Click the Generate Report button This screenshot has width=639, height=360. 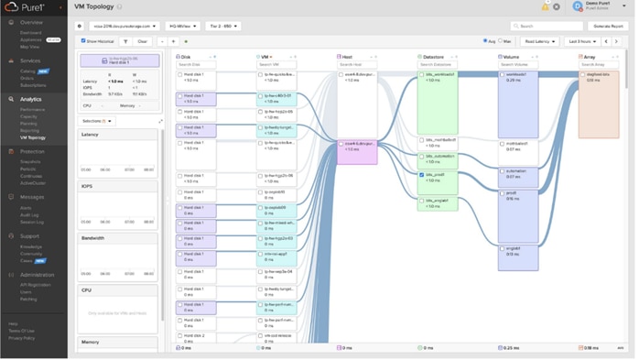[x=608, y=27]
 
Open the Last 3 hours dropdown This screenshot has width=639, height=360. [x=583, y=41]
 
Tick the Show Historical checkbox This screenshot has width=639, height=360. [x=83, y=41]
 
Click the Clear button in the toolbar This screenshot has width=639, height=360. [x=143, y=41]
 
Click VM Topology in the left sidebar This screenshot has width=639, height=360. [x=33, y=137]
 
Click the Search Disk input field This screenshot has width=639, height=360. [x=196, y=64]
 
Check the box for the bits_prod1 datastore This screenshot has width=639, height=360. [x=422, y=174]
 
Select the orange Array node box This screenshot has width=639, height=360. [x=599, y=105]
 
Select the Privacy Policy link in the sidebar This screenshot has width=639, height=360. [x=22, y=338]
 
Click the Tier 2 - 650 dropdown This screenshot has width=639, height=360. [x=223, y=27]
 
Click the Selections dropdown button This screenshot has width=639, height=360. [x=97, y=120]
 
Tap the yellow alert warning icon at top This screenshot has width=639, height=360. [x=546, y=7]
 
